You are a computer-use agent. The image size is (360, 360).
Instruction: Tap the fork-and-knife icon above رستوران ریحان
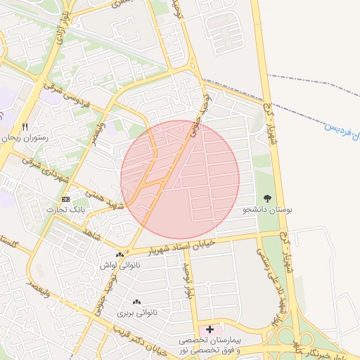[26, 127]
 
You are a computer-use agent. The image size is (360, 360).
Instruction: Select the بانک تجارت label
[65, 210]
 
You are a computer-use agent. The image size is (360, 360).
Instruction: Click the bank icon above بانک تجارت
[65, 200]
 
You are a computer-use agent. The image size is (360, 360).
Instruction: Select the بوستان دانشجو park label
[267, 210]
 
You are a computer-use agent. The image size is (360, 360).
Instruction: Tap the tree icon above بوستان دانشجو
[267, 199]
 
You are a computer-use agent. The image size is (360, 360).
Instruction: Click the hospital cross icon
[210, 328]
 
